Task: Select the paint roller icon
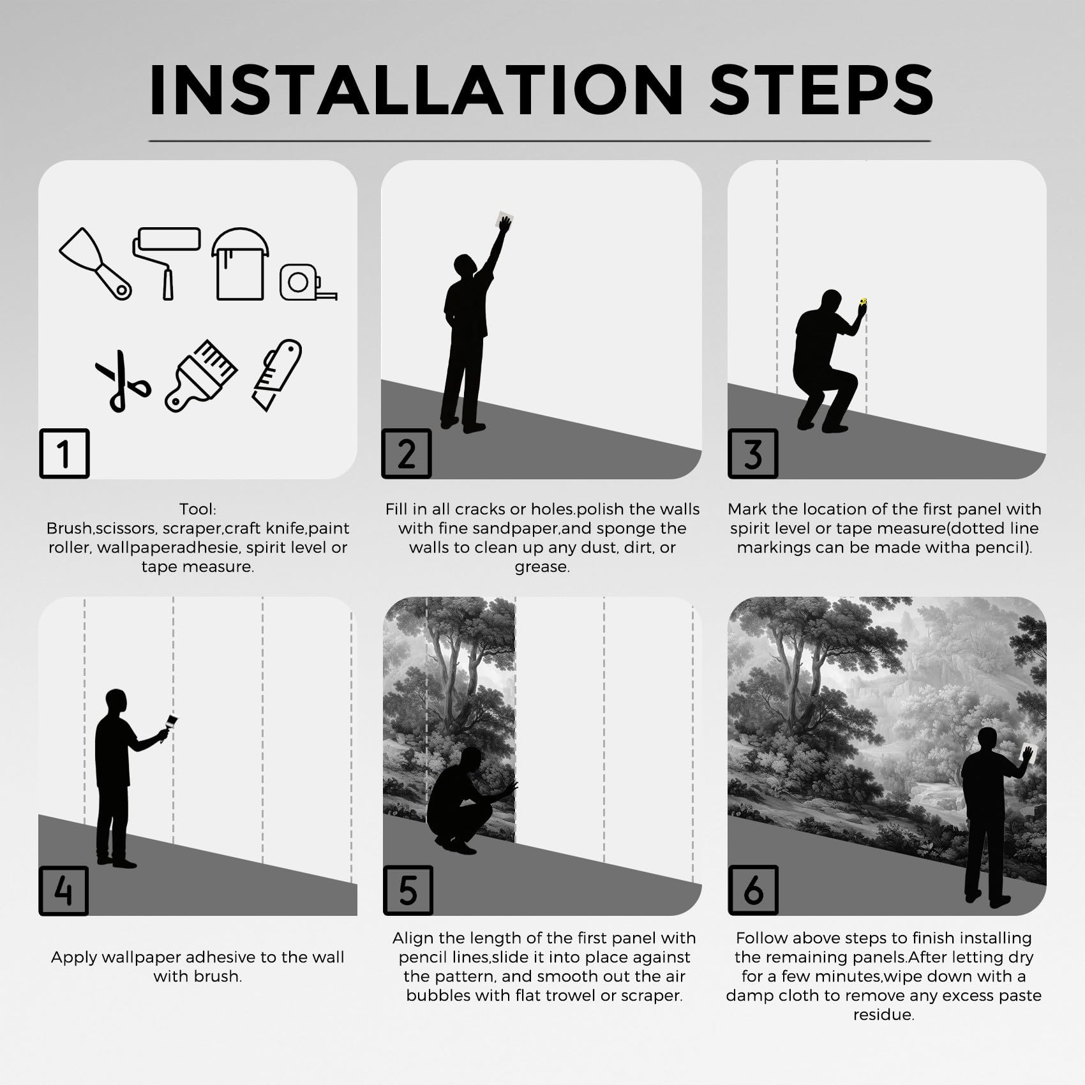(x=166, y=262)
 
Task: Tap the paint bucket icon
(x=240, y=264)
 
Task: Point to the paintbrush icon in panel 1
(x=201, y=376)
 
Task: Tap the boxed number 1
(x=64, y=453)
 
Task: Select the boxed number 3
(x=753, y=453)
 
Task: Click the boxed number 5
(x=408, y=890)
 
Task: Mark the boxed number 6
(x=753, y=890)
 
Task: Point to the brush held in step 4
(x=169, y=726)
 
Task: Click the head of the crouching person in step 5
(x=471, y=759)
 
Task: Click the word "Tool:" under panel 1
(x=198, y=509)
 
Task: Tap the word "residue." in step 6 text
(x=884, y=1015)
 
